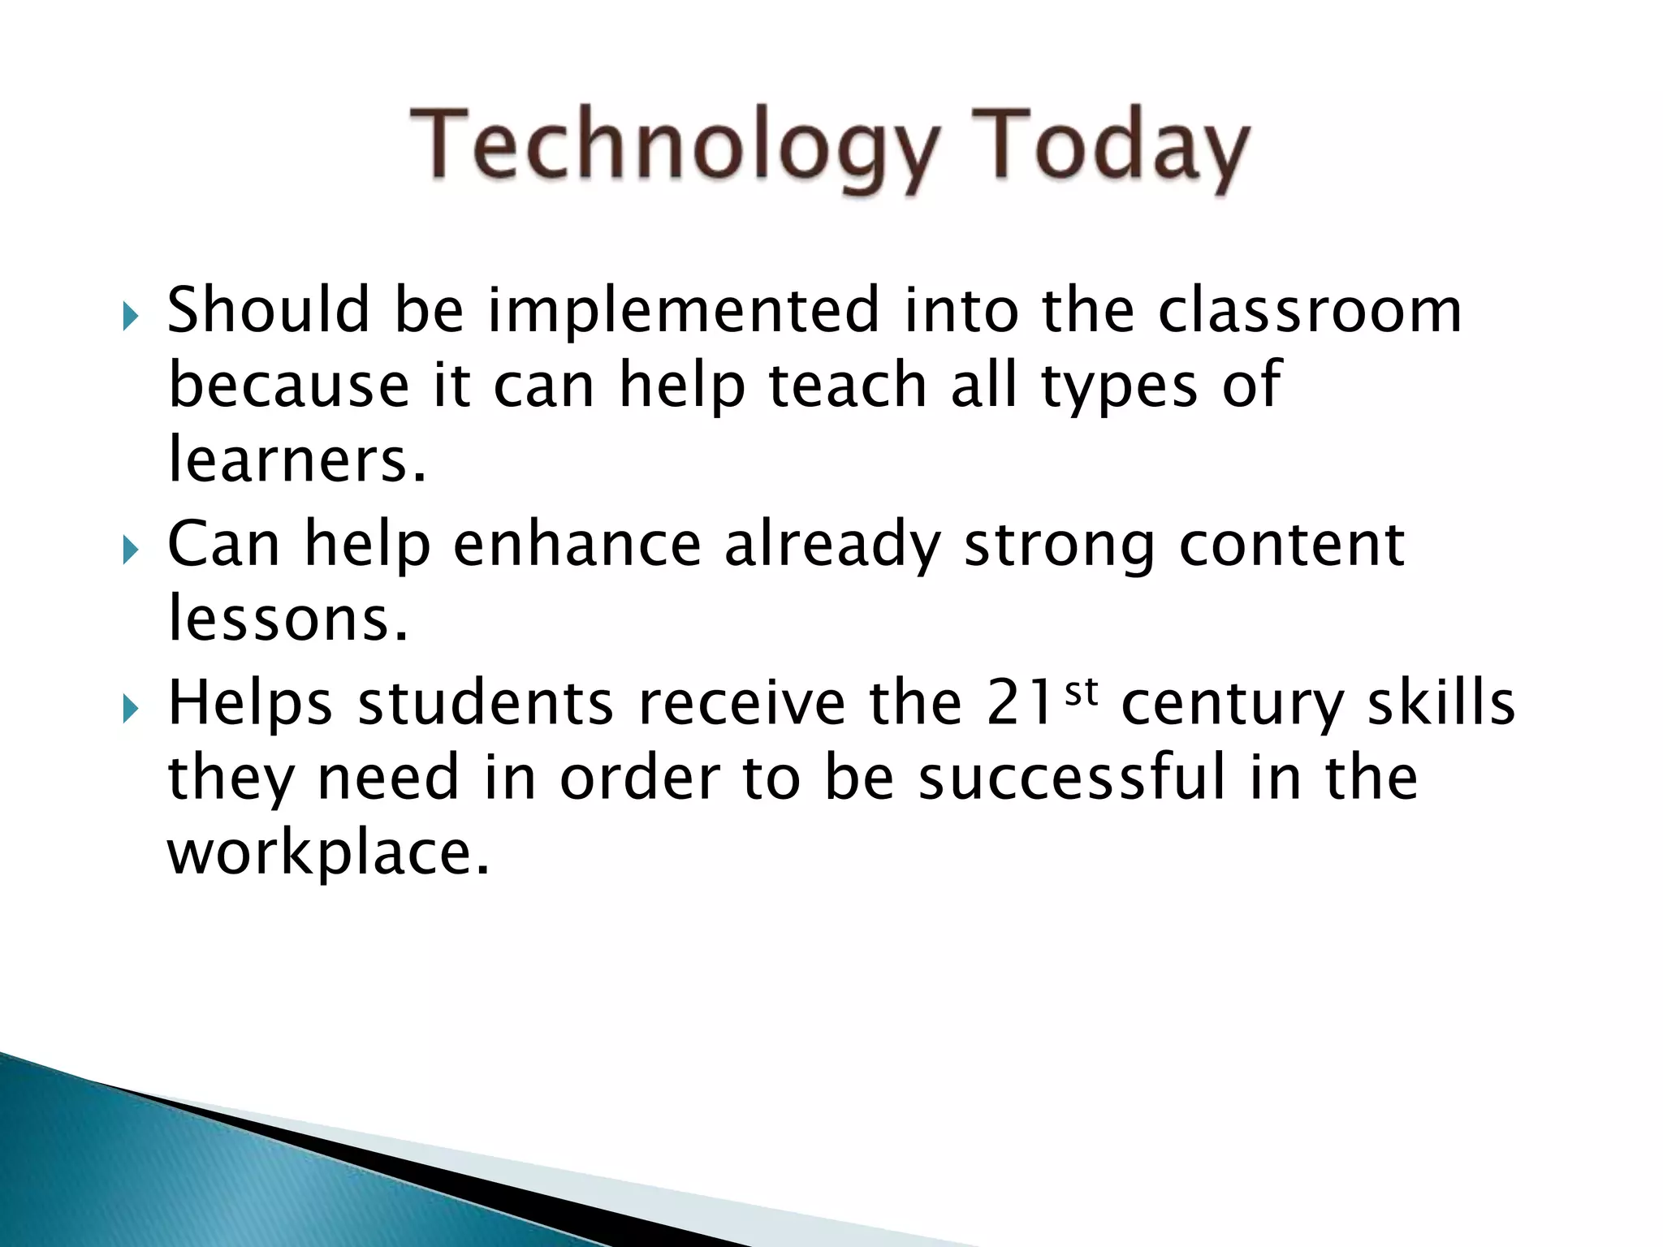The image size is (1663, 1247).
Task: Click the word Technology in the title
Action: point(674,148)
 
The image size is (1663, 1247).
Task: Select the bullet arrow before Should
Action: point(131,317)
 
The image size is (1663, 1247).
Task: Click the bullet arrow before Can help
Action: point(131,551)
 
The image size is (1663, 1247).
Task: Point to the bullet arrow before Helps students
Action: point(131,710)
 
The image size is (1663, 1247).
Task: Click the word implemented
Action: point(683,310)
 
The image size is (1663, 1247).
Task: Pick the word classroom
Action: point(1309,310)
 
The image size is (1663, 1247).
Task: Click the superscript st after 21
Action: point(1081,692)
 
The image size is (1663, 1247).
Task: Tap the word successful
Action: point(1071,777)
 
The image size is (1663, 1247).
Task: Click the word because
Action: point(288,385)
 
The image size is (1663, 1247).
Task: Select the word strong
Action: point(1059,546)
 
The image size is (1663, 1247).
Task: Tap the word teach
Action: point(847,385)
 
